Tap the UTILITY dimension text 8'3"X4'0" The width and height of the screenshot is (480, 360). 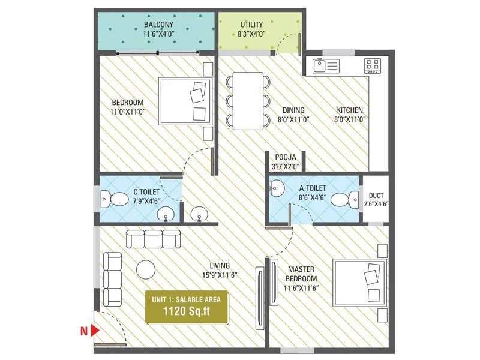(251, 35)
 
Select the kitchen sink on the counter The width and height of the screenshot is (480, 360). (323, 65)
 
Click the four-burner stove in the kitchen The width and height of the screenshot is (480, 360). (372, 65)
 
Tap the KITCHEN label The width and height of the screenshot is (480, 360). (350, 110)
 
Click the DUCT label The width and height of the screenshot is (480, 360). (377, 194)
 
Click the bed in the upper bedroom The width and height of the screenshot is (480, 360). (185, 100)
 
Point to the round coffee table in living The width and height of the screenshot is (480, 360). (146, 269)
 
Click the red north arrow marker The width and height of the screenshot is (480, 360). (94, 329)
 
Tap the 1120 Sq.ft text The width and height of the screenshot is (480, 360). (186, 311)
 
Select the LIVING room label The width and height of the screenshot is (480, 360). (219, 266)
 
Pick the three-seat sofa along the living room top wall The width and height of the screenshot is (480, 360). (153, 239)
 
